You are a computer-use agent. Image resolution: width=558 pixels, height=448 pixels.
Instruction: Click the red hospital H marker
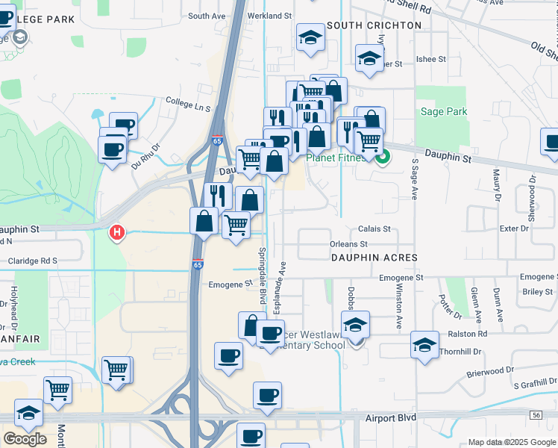tap(116, 233)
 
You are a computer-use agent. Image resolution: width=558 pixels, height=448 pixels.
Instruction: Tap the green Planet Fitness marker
tap(383, 158)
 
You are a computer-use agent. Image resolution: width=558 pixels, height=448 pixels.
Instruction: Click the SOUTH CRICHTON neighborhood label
tap(374, 25)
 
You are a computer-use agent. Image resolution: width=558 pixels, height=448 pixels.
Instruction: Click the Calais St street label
tap(374, 229)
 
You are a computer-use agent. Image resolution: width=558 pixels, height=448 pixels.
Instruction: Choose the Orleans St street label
tap(348, 244)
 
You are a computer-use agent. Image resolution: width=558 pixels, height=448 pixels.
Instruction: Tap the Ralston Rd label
tap(467, 334)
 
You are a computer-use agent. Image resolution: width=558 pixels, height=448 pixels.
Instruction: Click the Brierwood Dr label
tap(490, 370)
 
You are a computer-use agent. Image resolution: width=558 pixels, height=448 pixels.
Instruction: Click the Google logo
tap(25, 439)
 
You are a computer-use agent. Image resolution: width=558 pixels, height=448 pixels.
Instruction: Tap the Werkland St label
tap(271, 16)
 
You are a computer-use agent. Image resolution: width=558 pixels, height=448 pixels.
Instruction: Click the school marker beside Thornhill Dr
tap(424, 345)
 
